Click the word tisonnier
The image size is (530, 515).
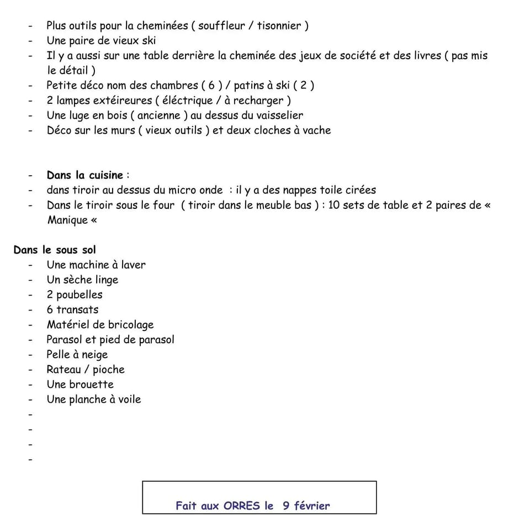point(279,25)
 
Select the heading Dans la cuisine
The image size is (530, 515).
point(85,175)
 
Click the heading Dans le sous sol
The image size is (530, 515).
point(55,250)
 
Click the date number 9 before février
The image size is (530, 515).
point(286,506)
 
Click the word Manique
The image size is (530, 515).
point(67,220)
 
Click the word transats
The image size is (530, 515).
point(77,310)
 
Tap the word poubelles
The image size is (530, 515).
point(79,295)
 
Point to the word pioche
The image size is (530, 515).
point(108,370)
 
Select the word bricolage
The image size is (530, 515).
point(130,325)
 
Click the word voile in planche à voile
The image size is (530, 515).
point(129,400)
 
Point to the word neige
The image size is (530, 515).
point(94,355)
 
